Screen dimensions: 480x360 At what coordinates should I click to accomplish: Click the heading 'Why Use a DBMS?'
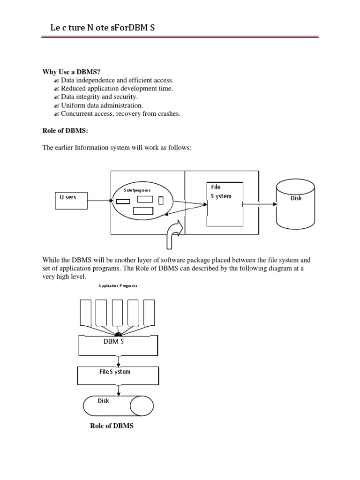tap(72, 72)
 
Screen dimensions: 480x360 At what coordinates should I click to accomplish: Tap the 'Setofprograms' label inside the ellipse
tap(137, 191)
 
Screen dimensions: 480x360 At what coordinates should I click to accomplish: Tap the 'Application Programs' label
tap(118, 285)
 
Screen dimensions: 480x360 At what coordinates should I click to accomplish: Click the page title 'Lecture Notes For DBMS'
tap(102, 28)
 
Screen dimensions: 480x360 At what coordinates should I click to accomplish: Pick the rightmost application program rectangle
tap(149, 313)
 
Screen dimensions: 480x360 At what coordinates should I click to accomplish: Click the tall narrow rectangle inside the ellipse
tap(161, 201)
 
